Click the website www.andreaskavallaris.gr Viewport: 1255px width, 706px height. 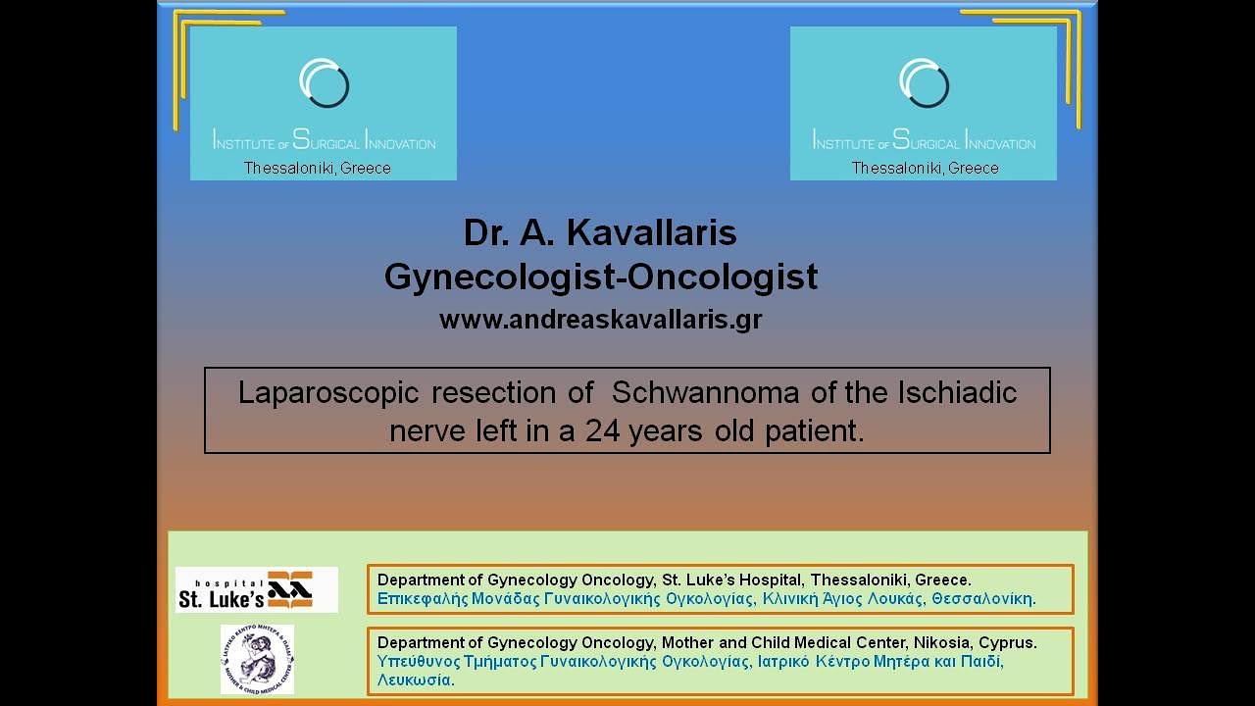click(600, 320)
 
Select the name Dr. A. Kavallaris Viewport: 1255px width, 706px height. click(600, 233)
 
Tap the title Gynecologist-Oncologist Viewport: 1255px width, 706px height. click(600, 277)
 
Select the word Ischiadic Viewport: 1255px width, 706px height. click(956, 393)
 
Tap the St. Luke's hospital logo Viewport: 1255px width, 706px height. click(257, 589)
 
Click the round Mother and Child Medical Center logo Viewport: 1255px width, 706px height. click(257, 659)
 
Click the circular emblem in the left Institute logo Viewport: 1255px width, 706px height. click(325, 83)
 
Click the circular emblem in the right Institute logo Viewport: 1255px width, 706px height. click(924, 83)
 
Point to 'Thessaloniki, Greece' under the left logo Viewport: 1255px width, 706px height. click(317, 169)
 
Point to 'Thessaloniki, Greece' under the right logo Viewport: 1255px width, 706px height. click(925, 169)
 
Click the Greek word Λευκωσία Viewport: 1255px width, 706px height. click(416, 680)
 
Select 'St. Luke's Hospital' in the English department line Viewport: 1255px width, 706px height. click(728, 580)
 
